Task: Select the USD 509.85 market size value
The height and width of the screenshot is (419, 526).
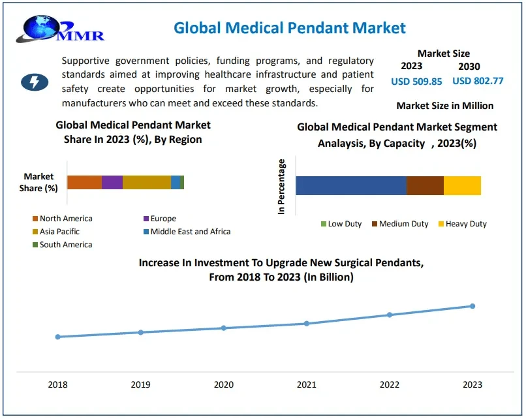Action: pyautogui.click(x=416, y=82)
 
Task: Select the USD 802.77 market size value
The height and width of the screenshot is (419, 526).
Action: pyautogui.click(x=478, y=82)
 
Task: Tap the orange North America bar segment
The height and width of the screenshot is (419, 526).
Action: pyautogui.click(x=84, y=182)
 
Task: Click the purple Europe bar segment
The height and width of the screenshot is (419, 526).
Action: pyautogui.click(x=112, y=182)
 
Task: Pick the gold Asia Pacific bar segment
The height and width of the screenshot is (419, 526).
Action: pyautogui.click(x=146, y=182)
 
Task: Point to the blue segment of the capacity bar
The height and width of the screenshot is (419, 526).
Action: pyautogui.click(x=350, y=185)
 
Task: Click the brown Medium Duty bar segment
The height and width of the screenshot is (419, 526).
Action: pyautogui.click(x=425, y=185)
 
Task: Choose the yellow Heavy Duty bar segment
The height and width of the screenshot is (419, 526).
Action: pyautogui.click(x=462, y=185)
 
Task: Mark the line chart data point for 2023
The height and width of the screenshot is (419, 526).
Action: pyautogui.click(x=472, y=306)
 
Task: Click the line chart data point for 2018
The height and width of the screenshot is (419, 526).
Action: pyautogui.click(x=58, y=337)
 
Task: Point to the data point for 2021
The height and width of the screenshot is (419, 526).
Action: pyautogui.click(x=307, y=323)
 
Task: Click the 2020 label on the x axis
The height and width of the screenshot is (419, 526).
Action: pyautogui.click(x=224, y=384)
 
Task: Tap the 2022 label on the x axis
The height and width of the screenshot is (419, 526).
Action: pyautogui.click(x=390, y=384)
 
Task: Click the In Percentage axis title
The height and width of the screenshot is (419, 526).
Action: pyautogui.click(x=282, y=187)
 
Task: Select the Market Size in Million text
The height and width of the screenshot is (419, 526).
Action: pyautogui.click(x=444, y=106)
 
